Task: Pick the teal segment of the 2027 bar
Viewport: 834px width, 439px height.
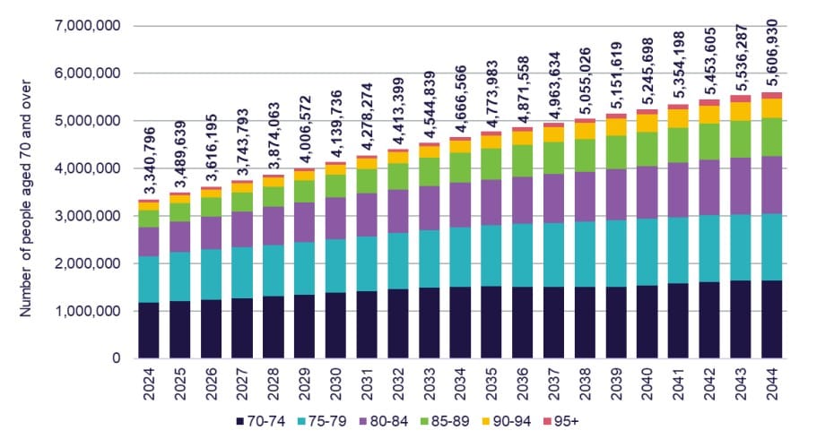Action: coord(243,272)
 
